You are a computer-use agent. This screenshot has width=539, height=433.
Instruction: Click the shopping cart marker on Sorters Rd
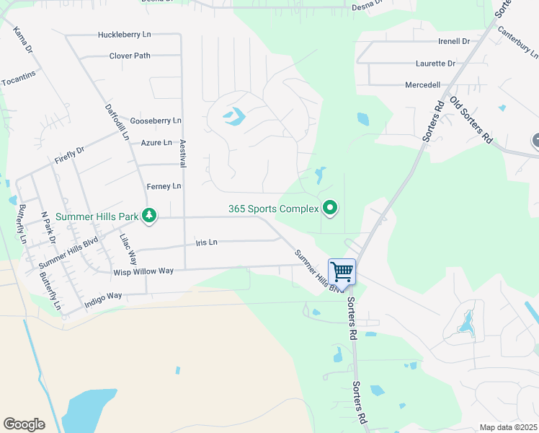[342, 272]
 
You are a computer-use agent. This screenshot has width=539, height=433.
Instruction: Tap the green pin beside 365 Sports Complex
[330, 209]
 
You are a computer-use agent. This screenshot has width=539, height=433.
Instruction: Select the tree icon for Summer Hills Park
[149, 215]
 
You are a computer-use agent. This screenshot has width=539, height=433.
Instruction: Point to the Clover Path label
[130, 56]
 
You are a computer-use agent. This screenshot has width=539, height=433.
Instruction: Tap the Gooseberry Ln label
[156, 121]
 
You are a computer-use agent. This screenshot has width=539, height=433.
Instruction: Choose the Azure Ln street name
[156, 143]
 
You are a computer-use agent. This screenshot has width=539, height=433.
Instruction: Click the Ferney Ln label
[164, 186]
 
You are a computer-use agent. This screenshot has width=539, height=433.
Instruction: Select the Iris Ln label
[206, 242]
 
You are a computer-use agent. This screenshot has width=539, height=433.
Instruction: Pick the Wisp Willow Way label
[143, 271]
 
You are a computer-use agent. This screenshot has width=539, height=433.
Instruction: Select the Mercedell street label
[423, 84]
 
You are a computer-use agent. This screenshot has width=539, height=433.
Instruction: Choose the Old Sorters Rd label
[471, 119]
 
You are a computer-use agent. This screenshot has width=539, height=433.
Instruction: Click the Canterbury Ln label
[521, 43]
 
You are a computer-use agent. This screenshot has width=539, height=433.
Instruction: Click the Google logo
[24, 424]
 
